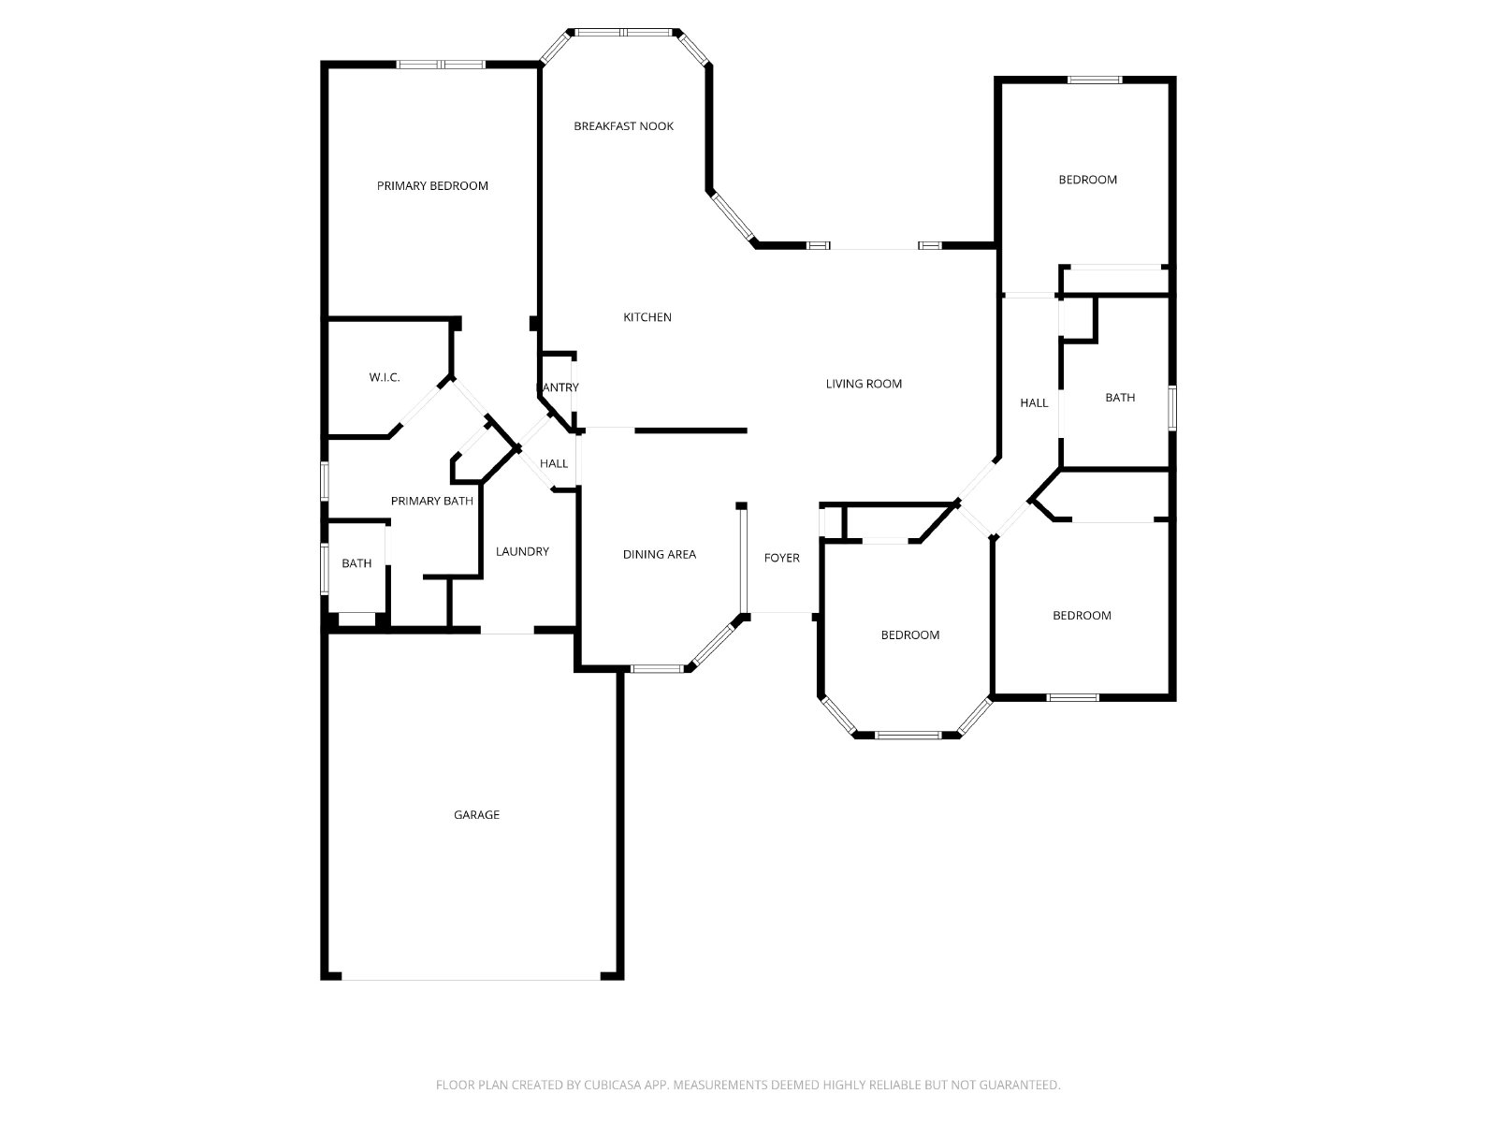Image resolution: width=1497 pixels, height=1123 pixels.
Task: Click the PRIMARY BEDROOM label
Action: pos(432,185)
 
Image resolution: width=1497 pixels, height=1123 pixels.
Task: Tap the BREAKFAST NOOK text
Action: pos(623,125)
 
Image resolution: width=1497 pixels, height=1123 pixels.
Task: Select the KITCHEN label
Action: pos(647,317)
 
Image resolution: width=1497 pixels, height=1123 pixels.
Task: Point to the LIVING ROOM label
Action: pos(864,384)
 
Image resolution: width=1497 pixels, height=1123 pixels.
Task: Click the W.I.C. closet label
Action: pos(385,377)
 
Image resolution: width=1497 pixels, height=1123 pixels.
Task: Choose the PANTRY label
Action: pos(558,387)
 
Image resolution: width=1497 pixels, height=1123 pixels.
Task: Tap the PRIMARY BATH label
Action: pos(431,501)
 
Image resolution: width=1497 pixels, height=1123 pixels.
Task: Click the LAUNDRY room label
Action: pos(522,551)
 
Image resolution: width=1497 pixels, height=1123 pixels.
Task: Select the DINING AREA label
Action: pos(659,554)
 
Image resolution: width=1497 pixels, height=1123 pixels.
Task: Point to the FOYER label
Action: pos(781,558)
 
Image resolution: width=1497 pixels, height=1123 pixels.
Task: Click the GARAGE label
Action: pos(476,815)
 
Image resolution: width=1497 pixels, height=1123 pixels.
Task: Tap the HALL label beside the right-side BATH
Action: pos(1034,402)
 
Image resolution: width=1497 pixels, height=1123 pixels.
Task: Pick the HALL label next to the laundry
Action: pos(554,463)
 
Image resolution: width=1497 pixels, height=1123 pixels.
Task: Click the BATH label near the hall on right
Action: pos(1120,398)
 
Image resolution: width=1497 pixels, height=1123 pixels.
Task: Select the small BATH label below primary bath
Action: pos(356,563)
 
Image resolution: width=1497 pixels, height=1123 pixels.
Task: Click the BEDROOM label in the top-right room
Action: pos(1087,180)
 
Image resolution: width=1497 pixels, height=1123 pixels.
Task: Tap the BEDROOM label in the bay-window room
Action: pos(909,634)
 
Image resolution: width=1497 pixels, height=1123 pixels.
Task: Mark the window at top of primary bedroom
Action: pos(441,65)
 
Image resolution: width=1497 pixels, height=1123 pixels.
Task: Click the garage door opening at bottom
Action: pos(472,979)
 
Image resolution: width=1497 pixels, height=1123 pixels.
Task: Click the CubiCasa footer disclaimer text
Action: pos(748,1086)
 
